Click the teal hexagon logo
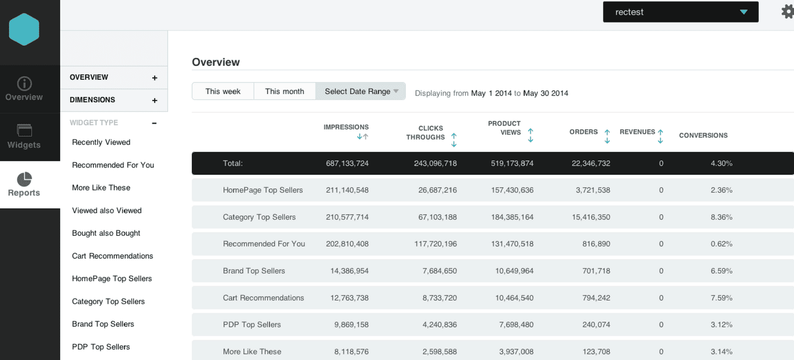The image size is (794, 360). pos(24,30)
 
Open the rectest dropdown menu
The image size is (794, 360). pos(680,12)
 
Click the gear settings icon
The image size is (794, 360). pos(787,12)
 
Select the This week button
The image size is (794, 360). pos(223,91)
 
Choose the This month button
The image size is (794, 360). pos(284,91)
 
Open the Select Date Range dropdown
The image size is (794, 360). pos(361,91)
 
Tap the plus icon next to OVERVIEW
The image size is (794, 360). pos(155,78)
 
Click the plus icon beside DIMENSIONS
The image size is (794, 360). pos(155,100)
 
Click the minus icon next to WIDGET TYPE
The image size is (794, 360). pos(154,124)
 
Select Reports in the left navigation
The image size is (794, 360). pos(24,185)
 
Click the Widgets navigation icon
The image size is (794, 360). pos(24,131)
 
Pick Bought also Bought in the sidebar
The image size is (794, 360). pos(106,233)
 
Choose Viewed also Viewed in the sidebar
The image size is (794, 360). pos(107,210)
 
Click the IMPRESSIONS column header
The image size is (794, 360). pos(346,127)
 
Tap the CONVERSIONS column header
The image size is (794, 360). pos(703,135)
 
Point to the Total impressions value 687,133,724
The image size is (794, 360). pos(347,163)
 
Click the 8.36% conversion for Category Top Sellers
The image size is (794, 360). pos(721,217)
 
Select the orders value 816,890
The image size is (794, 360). pos(596,244)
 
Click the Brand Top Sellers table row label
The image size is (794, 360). pos(254,271)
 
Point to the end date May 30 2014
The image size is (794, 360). pos(546,93)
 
